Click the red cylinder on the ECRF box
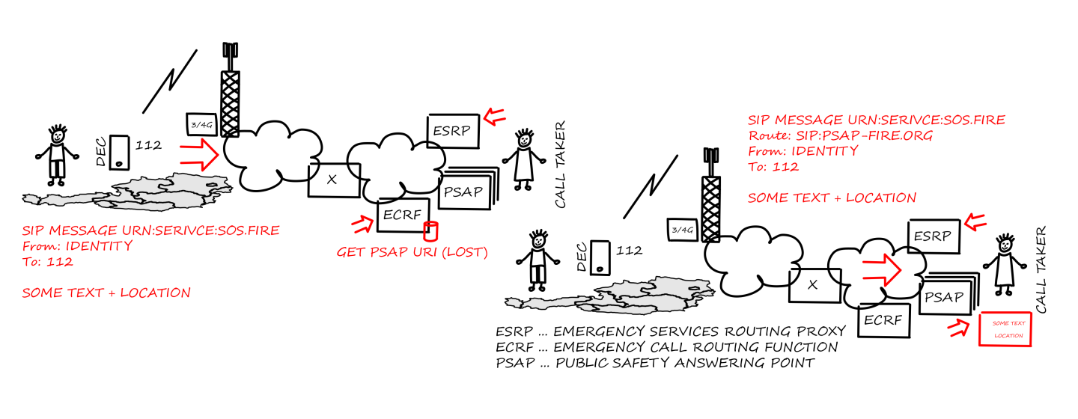point(430,231)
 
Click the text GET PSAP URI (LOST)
point(412,252)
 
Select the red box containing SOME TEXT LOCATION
point(1005,329)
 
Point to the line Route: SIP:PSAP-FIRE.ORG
point(840,135)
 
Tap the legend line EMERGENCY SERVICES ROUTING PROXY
point(699,331)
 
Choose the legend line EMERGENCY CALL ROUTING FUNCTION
point(695,347)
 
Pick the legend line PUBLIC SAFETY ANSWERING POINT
point(685,363)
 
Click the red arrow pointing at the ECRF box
point(363,224)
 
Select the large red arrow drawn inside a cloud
point(882,270)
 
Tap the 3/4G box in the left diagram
point(201,125)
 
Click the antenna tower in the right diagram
point(711,195)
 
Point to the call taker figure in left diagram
point(523,159)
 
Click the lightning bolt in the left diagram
point(169,82)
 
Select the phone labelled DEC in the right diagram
point(600,258)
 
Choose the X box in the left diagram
point(334,180)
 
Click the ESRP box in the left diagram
point(454,131)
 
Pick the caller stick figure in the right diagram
point(538,260)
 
